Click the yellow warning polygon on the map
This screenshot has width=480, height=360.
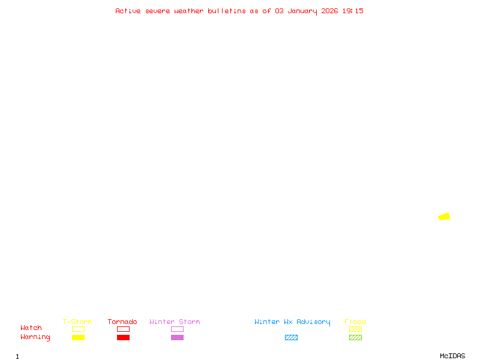(x=444, y=217)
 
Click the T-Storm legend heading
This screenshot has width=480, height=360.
(x=77, y=322)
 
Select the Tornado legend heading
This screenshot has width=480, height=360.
(x=122, y=322)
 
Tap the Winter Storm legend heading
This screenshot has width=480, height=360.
(x=175, y=322)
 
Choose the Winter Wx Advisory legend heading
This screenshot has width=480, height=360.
(x=292, y=322)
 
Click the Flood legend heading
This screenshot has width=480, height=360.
(x=355, y=322)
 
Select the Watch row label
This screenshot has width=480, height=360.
(x=31, y=328)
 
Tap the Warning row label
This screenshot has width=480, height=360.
(x=35, y=337)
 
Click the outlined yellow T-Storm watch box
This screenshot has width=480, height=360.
(x=78, y=329)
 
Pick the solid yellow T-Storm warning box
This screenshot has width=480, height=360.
(x=78, y=337)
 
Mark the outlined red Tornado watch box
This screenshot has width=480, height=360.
(x=123, y=329)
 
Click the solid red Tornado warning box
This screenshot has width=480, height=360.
(x=123, y=337)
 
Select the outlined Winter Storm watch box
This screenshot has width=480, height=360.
(x=177, y=329)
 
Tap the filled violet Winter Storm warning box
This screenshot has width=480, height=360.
(x=177, y=337)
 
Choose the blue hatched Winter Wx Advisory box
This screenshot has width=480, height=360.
(x=291, y=337)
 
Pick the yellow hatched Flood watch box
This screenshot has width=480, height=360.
(x=355, y=329)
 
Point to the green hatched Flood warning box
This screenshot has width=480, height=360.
(x=355, y=337)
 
